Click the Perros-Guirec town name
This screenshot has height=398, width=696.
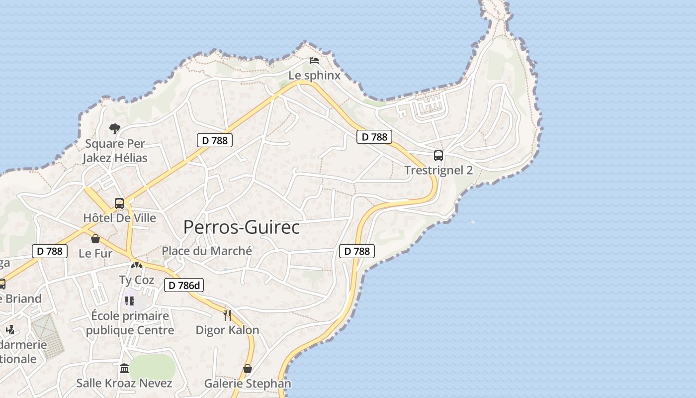point(242,227)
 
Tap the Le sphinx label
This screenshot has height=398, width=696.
point(315,76)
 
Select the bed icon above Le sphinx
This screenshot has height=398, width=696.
point(314,61)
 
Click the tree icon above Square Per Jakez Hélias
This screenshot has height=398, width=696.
point(115,129)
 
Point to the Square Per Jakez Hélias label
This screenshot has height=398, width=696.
point(115,151)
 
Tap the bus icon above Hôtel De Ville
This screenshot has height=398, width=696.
point(119,203)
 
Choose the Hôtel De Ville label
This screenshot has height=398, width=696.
point(119,218)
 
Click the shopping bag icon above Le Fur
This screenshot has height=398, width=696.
point(95,239)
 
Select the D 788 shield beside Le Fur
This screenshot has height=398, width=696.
point(50,251)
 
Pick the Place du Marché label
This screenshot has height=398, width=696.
point(207,251)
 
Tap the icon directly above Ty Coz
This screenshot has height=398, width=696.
point(137,266)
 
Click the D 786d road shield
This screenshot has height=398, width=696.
point(184,285)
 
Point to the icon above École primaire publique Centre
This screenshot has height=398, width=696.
point(130,301)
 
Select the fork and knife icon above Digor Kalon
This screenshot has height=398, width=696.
point(227,315)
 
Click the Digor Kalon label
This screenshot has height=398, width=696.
point(227,330)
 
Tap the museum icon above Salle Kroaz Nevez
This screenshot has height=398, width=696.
point(124,369)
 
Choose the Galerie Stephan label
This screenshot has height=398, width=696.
point(248,384)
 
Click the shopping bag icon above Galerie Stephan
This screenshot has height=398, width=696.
point(248,369)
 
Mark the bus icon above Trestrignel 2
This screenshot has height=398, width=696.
point(438,155)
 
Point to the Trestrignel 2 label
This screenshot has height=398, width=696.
point(438,170)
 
